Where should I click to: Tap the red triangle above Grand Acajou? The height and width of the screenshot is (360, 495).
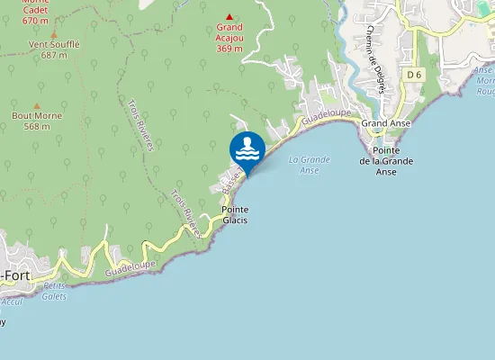(x=229, y=16)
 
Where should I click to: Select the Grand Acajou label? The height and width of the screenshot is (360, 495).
(x=229, y=32)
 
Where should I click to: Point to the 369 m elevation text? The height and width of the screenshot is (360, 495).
(x=229, y=49)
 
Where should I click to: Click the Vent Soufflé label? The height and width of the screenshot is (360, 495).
(x=54, y=44)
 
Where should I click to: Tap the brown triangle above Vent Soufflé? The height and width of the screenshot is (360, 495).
(x=54, y=31)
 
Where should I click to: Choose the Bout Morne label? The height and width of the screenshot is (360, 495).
(x=37, y=116)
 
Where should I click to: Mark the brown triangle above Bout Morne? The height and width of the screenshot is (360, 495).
(x=37, y=104)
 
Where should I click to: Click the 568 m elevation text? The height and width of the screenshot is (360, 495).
(x=37, y=127)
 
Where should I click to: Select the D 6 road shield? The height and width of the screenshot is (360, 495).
(x=413, y=75)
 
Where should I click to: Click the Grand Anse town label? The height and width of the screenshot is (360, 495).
(x=386, y=123)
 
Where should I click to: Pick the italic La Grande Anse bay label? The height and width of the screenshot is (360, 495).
(x=310, y=164)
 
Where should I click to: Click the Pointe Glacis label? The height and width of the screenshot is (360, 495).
(x=235, y=214)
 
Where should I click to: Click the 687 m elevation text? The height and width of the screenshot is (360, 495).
(x=54, y=55)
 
